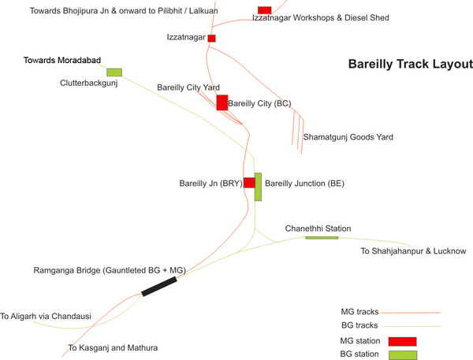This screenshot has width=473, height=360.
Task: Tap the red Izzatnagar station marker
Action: coord(211,38)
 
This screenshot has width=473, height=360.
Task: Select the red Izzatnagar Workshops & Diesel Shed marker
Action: coord(265,9)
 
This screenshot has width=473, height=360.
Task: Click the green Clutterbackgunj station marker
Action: coord(114,72)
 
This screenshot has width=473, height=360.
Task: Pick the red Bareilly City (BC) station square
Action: coord(222,102)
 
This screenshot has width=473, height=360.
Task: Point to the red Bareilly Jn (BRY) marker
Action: coord(249,183)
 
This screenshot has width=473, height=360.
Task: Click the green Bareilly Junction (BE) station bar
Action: coord(258,187)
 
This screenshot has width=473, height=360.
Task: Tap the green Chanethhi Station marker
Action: coord(322,237)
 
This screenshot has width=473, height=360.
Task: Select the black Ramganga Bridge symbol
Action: coord(159,286)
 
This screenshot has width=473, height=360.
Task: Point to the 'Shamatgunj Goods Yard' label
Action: coord(348,137)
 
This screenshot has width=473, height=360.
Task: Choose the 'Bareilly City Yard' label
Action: coord(188,87)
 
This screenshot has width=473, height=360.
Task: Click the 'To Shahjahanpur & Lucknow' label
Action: coord(413,251)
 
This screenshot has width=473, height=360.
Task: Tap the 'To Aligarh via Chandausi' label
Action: coord(46,317)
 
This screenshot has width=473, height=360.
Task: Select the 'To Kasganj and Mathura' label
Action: coord(114,347)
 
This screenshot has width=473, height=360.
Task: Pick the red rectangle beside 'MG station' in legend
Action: coord(400,341)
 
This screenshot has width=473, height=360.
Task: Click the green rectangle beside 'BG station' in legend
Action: coord(400,354)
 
